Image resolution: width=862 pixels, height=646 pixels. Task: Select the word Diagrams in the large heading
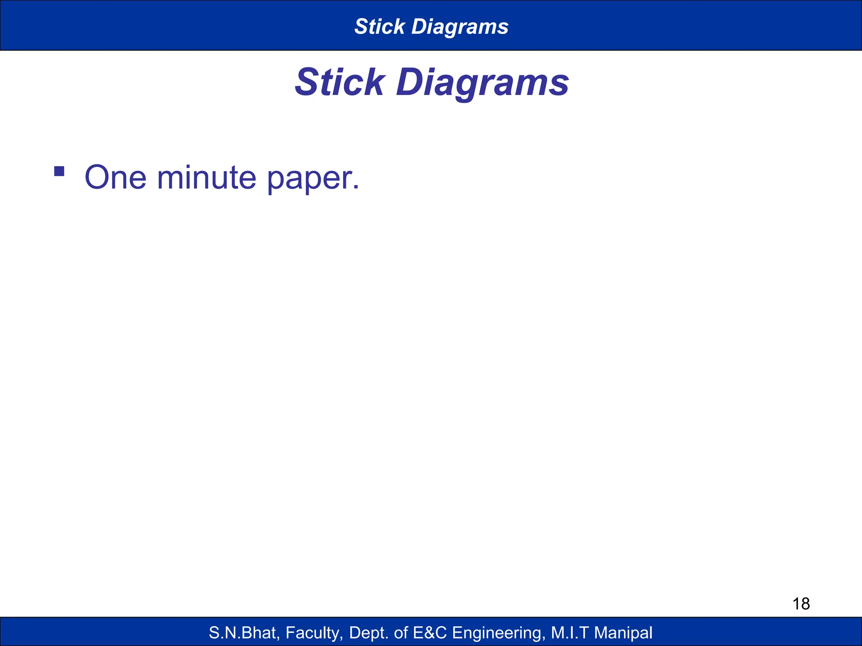pyautogui.click(x=482, y=83)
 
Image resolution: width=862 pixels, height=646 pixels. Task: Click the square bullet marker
pyautogui.click(x=59, y=171)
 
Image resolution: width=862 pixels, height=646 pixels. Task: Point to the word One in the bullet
pyautogui.click(x=116, y=177)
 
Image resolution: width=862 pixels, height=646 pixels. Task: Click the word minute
pyautogui.click(x=206, y=177)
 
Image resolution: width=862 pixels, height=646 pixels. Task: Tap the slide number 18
pyautogui.click(x=801, y=604)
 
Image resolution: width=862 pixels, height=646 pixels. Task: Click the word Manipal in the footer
pyautogui.click(x=623, y=633)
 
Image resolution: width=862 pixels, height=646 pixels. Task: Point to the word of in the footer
pyautogui.click(x=401, y=633)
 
